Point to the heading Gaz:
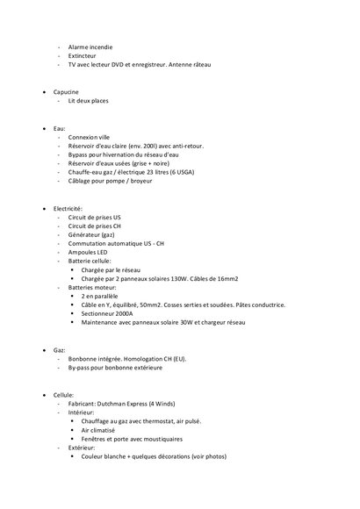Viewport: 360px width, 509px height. pyautogui.click(x=61, y=349)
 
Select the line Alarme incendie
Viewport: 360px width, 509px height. pyautogui.click(x=90, y=46)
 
